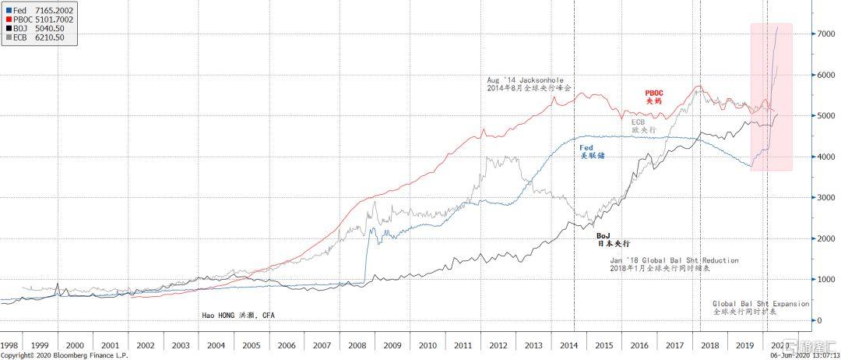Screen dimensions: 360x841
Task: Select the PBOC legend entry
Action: click(27, 19)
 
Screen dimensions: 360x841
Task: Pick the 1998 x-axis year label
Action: click(10, 344)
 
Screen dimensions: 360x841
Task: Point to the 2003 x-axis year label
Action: click(180, 344)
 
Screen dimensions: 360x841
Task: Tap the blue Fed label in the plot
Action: click(592, 151)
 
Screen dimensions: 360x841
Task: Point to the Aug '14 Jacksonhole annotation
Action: click(530, 84)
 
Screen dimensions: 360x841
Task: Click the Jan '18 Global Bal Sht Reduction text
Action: click(674, 264)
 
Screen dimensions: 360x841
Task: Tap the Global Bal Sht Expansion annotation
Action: click(760, 307)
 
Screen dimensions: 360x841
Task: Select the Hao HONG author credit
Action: click(239, 315)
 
